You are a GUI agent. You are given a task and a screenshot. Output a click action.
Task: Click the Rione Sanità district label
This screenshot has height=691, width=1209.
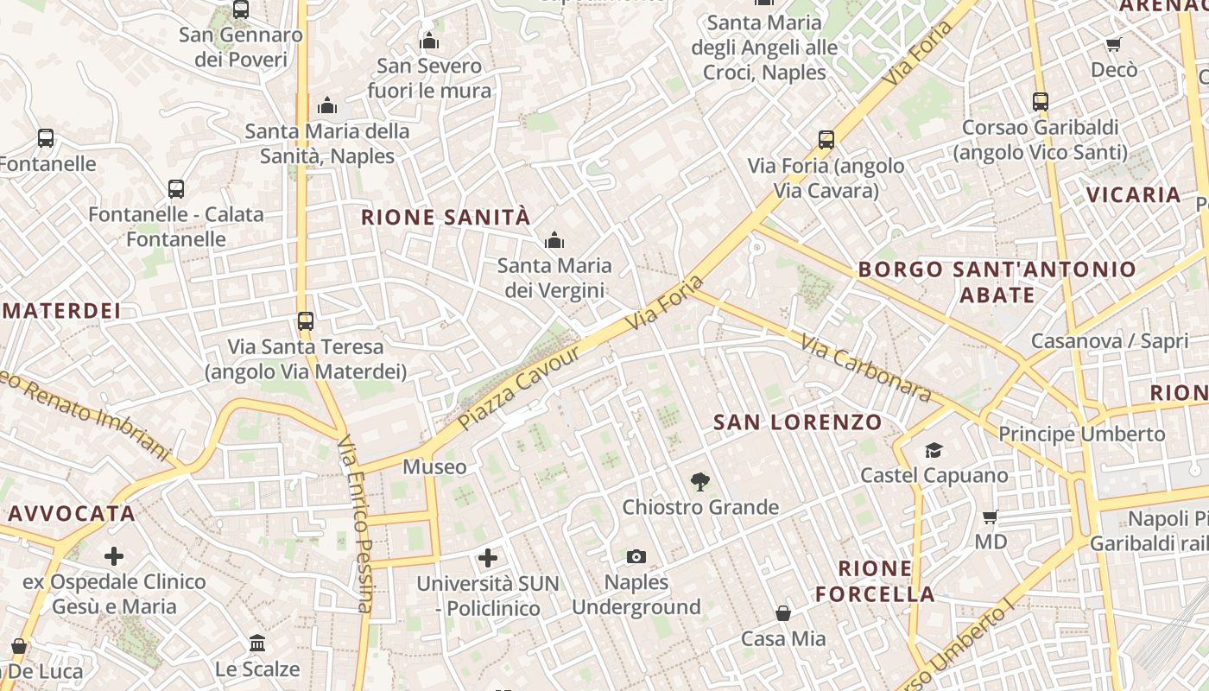(x=445, y=217)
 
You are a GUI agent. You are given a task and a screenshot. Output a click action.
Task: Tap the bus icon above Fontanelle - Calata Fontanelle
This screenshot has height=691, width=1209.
(x=176, y=188)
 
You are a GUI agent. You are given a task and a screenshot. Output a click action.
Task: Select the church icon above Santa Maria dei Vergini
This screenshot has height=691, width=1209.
(x=554, y=239)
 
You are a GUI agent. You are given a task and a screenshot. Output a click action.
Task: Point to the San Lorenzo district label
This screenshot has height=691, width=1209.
(x=798, y=422)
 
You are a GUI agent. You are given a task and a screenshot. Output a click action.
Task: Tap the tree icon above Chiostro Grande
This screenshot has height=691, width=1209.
(x=700, y=481)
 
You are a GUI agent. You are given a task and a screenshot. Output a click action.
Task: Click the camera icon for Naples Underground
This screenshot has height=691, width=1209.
(x=636, y=556)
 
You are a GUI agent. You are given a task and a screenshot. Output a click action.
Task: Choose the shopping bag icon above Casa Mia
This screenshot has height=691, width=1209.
(x=783, y=613)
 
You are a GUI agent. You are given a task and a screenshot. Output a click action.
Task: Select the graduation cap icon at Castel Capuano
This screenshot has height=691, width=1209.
(x=934, y=450)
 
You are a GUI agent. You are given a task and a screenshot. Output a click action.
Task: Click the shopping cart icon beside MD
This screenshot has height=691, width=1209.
(x=991, y=517)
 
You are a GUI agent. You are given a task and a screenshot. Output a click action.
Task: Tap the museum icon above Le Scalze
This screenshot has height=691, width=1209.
(x=257, y=643)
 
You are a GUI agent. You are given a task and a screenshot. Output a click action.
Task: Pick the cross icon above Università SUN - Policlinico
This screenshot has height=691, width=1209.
(x=488, y=558)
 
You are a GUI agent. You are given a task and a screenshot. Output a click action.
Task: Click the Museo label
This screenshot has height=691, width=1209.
(x=434, y=467)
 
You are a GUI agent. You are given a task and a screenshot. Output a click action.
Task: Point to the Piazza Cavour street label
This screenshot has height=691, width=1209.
(x=519, y=390)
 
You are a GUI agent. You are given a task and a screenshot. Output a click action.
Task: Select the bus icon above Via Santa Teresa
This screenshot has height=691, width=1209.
(x=306, y=321)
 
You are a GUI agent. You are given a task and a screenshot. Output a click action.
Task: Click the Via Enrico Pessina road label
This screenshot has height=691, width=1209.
(x=356, y=523)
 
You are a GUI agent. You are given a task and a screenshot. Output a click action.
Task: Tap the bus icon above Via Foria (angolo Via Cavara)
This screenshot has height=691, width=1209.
(x=826, y=140)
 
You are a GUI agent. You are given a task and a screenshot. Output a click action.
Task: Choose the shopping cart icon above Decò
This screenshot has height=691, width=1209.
(x=1114, y=44)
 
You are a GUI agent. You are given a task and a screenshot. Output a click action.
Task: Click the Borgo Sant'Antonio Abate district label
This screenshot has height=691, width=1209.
(x=997, y=282)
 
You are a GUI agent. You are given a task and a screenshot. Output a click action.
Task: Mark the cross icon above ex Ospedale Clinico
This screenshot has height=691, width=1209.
(x=114, y=556)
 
